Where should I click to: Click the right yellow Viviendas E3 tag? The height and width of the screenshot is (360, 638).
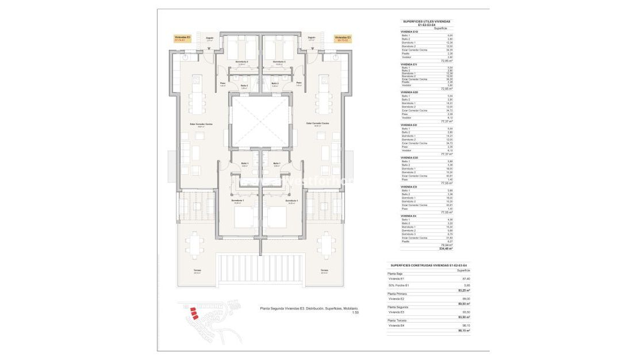point(343,39)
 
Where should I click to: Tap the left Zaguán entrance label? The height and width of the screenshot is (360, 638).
point(209,39)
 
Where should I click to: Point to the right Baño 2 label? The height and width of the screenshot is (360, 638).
point(275,84)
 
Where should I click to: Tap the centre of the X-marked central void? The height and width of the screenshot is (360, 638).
point(259,121)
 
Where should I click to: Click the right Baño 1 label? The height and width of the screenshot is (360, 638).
point(276,163)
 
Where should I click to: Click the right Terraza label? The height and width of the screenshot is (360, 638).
point(324,270)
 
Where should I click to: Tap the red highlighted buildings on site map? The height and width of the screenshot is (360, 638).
point(194,314)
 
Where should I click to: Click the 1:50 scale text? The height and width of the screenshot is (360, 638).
point(355,313)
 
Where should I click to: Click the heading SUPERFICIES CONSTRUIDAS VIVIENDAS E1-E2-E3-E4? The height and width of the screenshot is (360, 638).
point(428,265)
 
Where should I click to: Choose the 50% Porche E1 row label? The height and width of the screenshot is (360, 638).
point(399,285)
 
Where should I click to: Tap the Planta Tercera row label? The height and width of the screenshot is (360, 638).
point(397,320)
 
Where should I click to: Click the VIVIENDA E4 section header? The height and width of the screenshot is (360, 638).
point(409,216)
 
